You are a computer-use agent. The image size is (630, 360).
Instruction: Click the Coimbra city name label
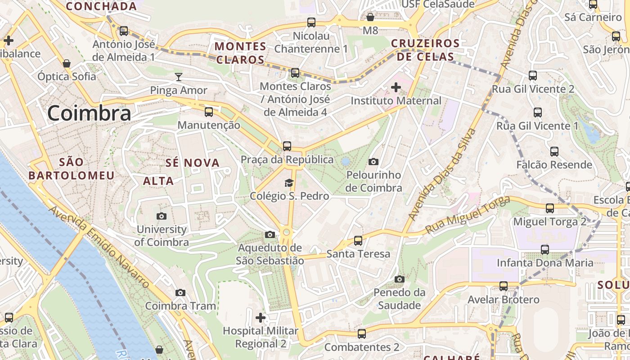tap(89, 113)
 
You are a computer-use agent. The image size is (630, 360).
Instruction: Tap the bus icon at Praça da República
tap(287, 146)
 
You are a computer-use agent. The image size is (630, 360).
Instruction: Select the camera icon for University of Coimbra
tap(162, 216)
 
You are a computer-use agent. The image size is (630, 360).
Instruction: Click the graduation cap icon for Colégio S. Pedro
tap(288, 183)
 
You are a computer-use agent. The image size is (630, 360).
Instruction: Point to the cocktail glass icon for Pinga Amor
tap(179, 76)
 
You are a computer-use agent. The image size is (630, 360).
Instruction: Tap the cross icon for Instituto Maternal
tap(396, 87)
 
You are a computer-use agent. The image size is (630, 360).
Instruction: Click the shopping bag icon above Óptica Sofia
tap(67, 63)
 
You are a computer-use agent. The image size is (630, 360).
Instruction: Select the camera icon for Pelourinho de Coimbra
tap(373, 162)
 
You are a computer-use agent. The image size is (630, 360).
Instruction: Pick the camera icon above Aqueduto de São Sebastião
tap(270, 234)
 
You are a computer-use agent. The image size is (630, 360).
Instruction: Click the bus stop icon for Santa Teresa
tap(358, 240)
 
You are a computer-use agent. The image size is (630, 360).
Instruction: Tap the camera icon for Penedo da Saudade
tap(399, 279)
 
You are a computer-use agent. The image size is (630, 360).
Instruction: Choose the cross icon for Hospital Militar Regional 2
tap(261, 318)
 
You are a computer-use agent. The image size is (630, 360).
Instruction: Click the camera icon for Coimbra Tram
tap(180, 293)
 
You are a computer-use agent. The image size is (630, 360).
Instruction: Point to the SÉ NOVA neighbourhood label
tap(192, 163)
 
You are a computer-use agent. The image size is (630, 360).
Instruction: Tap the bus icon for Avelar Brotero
tap(504, 286)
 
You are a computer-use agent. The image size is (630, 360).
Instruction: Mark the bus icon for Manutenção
tap(209, 112)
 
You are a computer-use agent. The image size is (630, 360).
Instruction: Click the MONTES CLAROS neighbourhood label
tap(240, 53)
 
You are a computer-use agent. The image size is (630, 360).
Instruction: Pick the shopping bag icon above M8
tap(370, 17)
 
